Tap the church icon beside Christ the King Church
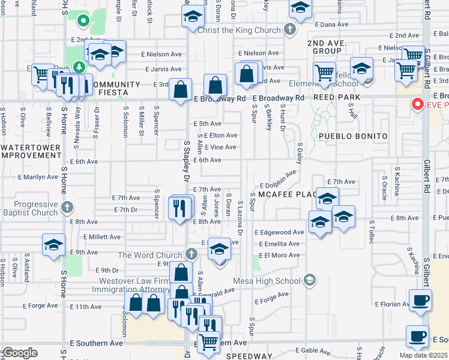click(290, 29)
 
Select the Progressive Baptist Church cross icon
click(67, 208)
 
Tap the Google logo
click(20, 353)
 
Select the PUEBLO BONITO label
click(353, 136)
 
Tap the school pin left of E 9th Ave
click(53, 245)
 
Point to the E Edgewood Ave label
click(279, 232)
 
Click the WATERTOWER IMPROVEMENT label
click(31, 151)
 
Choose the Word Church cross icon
click(191, 254)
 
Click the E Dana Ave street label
click(331, 24)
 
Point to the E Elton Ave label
click(221, 136)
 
